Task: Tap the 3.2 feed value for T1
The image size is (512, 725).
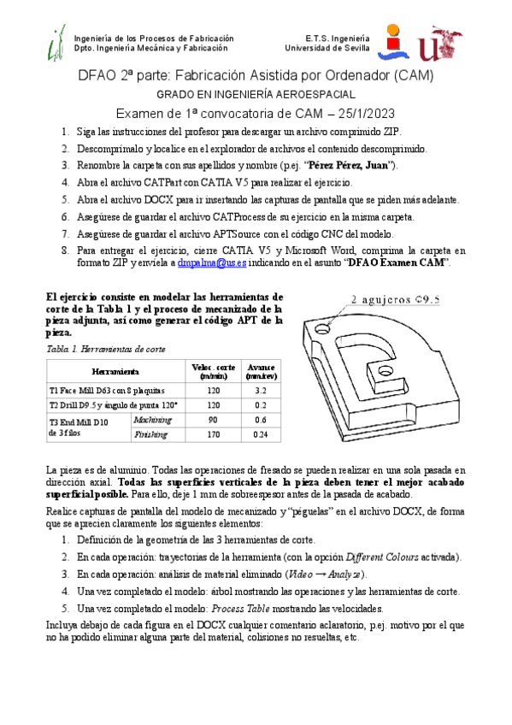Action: (261, 390)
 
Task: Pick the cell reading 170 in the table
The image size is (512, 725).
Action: (214, 435)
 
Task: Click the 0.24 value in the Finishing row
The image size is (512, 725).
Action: (261, 435)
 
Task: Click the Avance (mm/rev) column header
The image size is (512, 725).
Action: (261, 371)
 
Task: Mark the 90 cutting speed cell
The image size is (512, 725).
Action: (214, 420)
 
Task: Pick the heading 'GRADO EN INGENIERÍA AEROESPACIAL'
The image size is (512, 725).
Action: (256, 94)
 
